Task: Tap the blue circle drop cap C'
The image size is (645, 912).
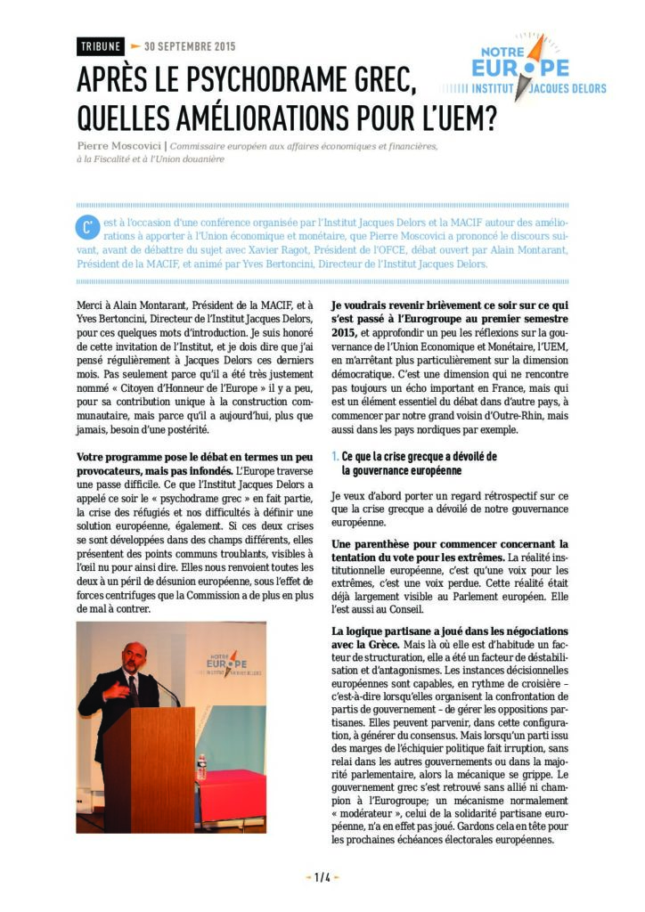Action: [x=86, y=227]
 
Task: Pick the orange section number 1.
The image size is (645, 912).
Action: [x=333, y=457]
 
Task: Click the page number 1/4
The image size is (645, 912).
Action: [x=322, y=877]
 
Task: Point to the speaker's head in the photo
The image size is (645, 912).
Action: [x=135, y=656]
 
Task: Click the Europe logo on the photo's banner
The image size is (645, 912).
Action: [x=224, y=664]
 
